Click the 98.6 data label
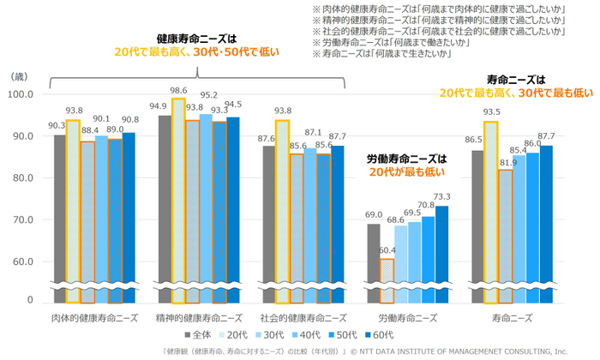tap(178, 90)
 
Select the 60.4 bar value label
tap(387, 251)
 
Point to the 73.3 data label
tap(442, 197)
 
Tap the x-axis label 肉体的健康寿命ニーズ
tap(93, 317)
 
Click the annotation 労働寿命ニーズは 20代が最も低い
tap(407, 165)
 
